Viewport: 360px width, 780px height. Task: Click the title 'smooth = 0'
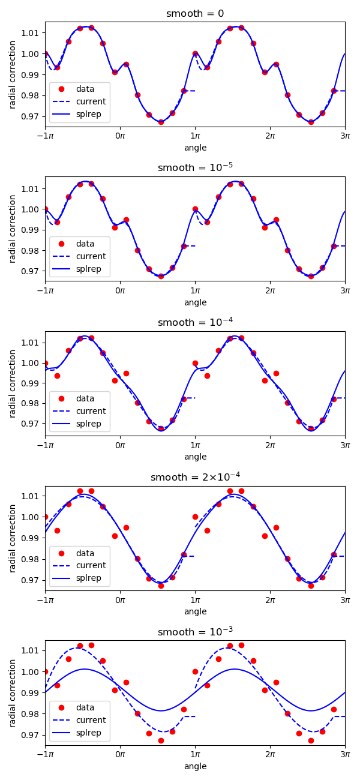pyautogui.click(x=195, y=14)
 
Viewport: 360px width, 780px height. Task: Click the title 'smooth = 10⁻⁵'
pyautogui.click(x=195, y=168)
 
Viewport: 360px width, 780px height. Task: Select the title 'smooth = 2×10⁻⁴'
pyautogui.click(x=195, y=477)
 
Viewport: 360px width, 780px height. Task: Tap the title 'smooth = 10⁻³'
pyautogui.click(x=195, y=632)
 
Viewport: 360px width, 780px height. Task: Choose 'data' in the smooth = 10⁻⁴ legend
pyautogui.click(x=85, y=398)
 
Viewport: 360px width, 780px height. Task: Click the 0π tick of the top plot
pyautogui.click(x=120, y=136)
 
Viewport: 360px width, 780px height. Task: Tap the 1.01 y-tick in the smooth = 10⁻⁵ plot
pyautogui.click(x=31, y=188)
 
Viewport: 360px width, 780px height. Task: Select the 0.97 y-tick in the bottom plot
pyautogui.click(x=31, y=734)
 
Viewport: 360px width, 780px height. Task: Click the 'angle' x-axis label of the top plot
pyautogui.click(x=195, y=148)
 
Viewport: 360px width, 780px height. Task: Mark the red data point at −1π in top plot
pyautogui.click(x=45, y=53)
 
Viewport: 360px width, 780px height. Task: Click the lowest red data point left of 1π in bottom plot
pyautogui.click(x=161, y=740)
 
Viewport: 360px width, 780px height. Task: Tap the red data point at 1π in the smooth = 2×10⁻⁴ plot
pyautogui.click(x=195, y=517)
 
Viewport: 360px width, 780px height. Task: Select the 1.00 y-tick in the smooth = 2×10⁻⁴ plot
pyautogui.click(x=31, y=517)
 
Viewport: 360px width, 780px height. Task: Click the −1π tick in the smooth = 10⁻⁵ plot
pyautogui.click(x=45, y=290)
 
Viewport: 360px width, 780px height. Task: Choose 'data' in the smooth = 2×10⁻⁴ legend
pyautogui.click(x=85, y=553)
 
